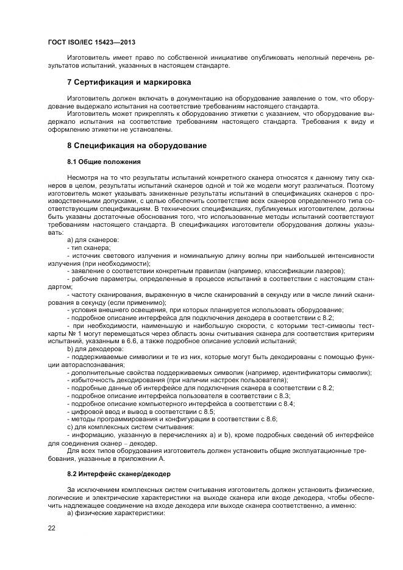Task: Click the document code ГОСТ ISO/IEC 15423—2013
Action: coord(91,43)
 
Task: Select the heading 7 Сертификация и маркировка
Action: coord(129,82)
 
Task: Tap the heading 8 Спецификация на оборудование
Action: coord(137,146)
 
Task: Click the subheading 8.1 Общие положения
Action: coord(104,162)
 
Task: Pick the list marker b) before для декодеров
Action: coord(71,348)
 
